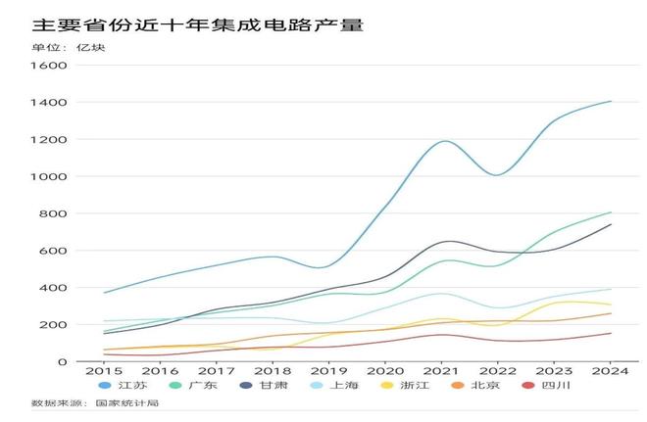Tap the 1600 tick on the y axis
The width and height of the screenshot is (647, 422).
[x=48, y=66]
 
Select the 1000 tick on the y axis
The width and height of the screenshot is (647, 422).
[x=48, y=177]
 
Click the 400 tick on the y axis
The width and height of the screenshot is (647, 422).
[x=52, y=288]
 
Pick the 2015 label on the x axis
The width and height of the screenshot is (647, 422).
[x=103, y=371]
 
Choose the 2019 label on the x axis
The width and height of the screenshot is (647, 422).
[x=329, y=371]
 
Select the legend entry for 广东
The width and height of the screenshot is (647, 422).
[x=195, y=386]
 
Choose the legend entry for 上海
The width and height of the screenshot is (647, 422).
[x=338, y=386]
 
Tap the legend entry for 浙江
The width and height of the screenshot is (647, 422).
[x=409, y=386]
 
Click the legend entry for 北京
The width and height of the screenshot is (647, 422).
[x=480, y=386]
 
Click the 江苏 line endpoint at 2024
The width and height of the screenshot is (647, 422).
[x=611, y=101]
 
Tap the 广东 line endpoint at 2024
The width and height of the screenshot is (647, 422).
[x=611, y=212]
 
